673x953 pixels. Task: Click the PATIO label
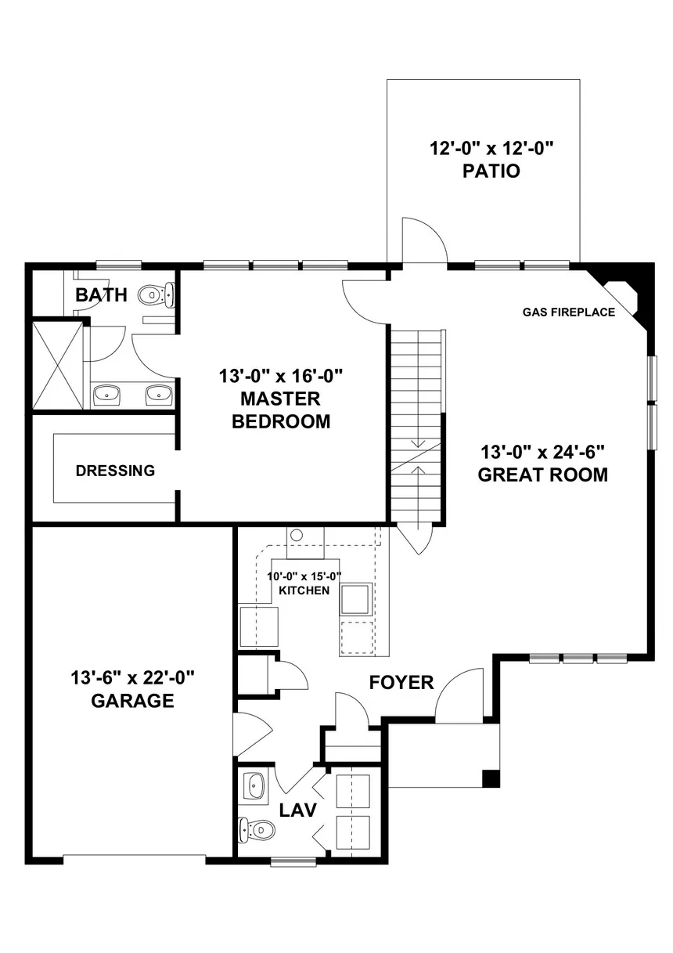tap(491, 171)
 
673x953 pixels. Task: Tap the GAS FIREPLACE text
tap(568, 312)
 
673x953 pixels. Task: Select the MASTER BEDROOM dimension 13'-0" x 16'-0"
tap(281, 376)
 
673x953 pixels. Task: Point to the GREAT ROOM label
tap(542, 475)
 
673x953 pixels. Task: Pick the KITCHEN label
tap(304, 590)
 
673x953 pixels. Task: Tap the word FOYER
tap(401, 682)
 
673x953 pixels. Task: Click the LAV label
tap(298, 810)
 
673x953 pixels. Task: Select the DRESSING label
tap(115, 471)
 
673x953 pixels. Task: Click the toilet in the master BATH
tap(157, 294)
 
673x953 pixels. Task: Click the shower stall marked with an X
tap(58, 366)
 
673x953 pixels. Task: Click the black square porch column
tap(491, 778)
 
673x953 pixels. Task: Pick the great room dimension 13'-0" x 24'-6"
tap(542, 452)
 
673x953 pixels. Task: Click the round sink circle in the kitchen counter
tap(297, 535)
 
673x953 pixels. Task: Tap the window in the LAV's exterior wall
tap(293, 862)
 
